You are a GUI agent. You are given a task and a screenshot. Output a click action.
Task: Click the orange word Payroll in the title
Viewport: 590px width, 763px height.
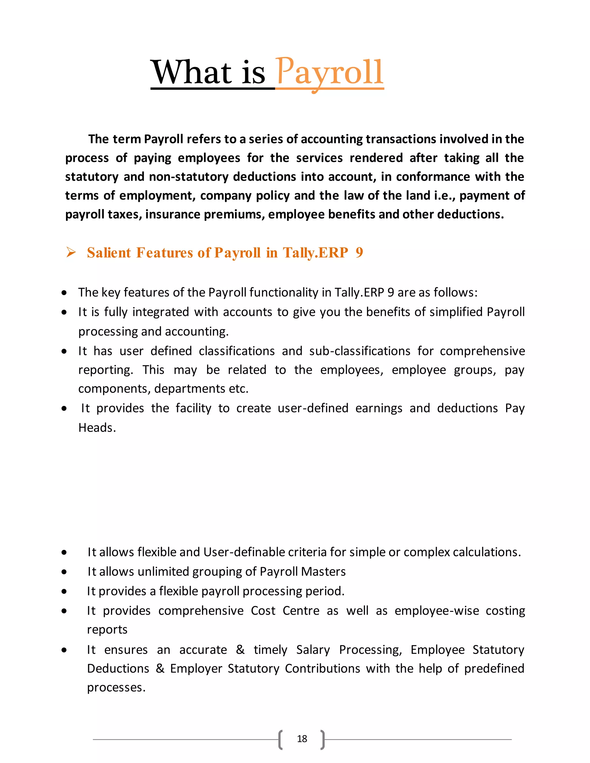329,73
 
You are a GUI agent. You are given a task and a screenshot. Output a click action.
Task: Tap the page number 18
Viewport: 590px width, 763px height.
302,739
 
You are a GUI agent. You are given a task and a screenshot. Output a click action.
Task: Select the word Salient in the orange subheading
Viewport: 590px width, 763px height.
109,253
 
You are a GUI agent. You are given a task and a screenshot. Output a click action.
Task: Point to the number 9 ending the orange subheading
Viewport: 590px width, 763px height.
359,253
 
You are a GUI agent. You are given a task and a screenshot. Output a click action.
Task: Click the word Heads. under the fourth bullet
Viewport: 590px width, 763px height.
97,428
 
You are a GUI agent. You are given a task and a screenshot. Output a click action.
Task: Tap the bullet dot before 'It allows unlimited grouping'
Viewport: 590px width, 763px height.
64,572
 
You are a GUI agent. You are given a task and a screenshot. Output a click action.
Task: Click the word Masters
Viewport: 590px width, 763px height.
323,572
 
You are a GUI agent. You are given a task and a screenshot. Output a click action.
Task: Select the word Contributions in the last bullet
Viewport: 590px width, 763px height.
322,668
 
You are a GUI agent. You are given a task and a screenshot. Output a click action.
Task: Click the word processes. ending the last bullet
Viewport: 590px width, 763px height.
116,688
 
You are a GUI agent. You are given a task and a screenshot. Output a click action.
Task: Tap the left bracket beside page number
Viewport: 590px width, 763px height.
280,739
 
